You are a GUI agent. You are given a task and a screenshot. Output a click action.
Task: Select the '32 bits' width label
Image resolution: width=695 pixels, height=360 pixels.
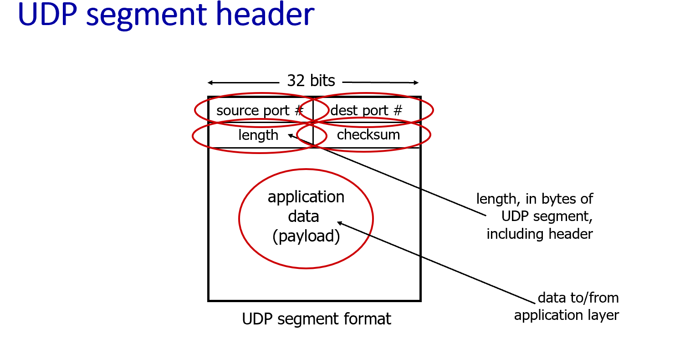pos(311,81)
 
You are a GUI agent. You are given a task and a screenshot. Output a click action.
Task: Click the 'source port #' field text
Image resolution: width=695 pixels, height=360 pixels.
pos(259,111)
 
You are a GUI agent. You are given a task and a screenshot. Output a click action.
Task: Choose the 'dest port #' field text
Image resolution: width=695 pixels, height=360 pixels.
pos(366,111)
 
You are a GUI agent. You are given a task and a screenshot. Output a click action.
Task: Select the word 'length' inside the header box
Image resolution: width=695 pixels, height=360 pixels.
pos(258,135)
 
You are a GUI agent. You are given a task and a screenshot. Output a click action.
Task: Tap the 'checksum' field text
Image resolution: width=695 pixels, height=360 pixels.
pos(368,135)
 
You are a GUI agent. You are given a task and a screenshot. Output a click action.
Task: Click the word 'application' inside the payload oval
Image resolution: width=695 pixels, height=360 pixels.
pos(306,197)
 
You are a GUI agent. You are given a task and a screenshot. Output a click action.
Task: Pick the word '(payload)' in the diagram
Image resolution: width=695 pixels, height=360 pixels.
pos(306,236)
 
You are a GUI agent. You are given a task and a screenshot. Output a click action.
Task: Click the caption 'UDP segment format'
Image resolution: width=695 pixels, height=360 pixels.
pos(317,319)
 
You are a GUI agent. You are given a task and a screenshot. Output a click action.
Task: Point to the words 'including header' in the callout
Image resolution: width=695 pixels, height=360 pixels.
pos(540,234)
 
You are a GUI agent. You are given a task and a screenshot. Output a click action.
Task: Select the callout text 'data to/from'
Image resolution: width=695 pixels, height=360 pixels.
pos(578,298)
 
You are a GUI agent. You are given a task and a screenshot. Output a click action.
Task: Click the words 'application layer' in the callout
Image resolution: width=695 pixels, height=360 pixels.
pos(567,315)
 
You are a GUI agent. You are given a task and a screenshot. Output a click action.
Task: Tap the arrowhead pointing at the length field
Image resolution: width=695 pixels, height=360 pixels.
pos(290,135)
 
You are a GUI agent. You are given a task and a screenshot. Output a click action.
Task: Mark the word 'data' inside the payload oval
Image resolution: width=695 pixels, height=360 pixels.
pos(303,216)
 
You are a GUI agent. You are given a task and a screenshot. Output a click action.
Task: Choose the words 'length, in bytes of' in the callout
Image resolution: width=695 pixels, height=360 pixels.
pos(535,199)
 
